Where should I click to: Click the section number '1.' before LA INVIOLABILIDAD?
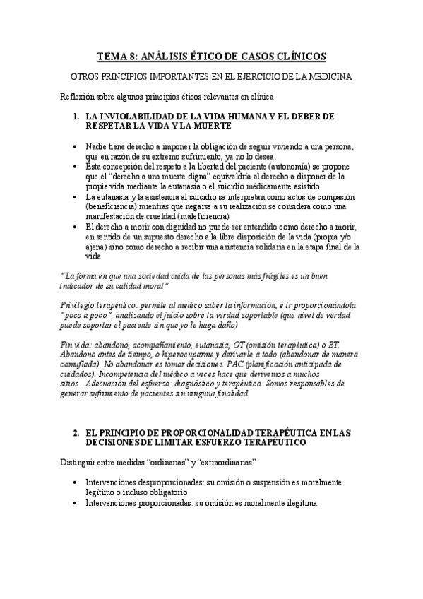tap(77, 115)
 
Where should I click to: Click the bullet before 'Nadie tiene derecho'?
tap(76, 146)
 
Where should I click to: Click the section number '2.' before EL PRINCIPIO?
tap(77, 432)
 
